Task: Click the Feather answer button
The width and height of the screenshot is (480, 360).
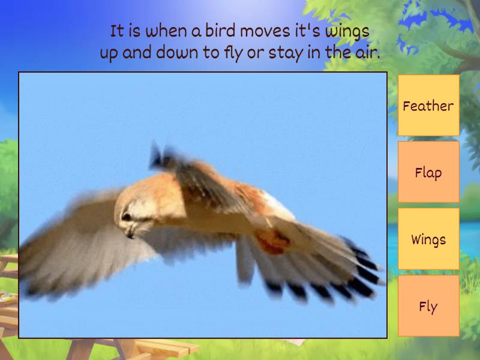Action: tap(428, 106)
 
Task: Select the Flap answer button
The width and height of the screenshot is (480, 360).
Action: tap(428, 173)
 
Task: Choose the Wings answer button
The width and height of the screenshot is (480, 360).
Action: tap(428, 239)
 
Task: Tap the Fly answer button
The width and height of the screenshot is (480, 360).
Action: tap(428, 307)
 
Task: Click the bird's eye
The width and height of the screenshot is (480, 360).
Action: tap(126, 217)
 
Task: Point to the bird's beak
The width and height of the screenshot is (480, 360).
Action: tap(129, 234)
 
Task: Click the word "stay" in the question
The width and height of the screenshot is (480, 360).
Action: tap(285, 53)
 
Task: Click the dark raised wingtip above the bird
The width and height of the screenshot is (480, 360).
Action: tap(158, 155)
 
